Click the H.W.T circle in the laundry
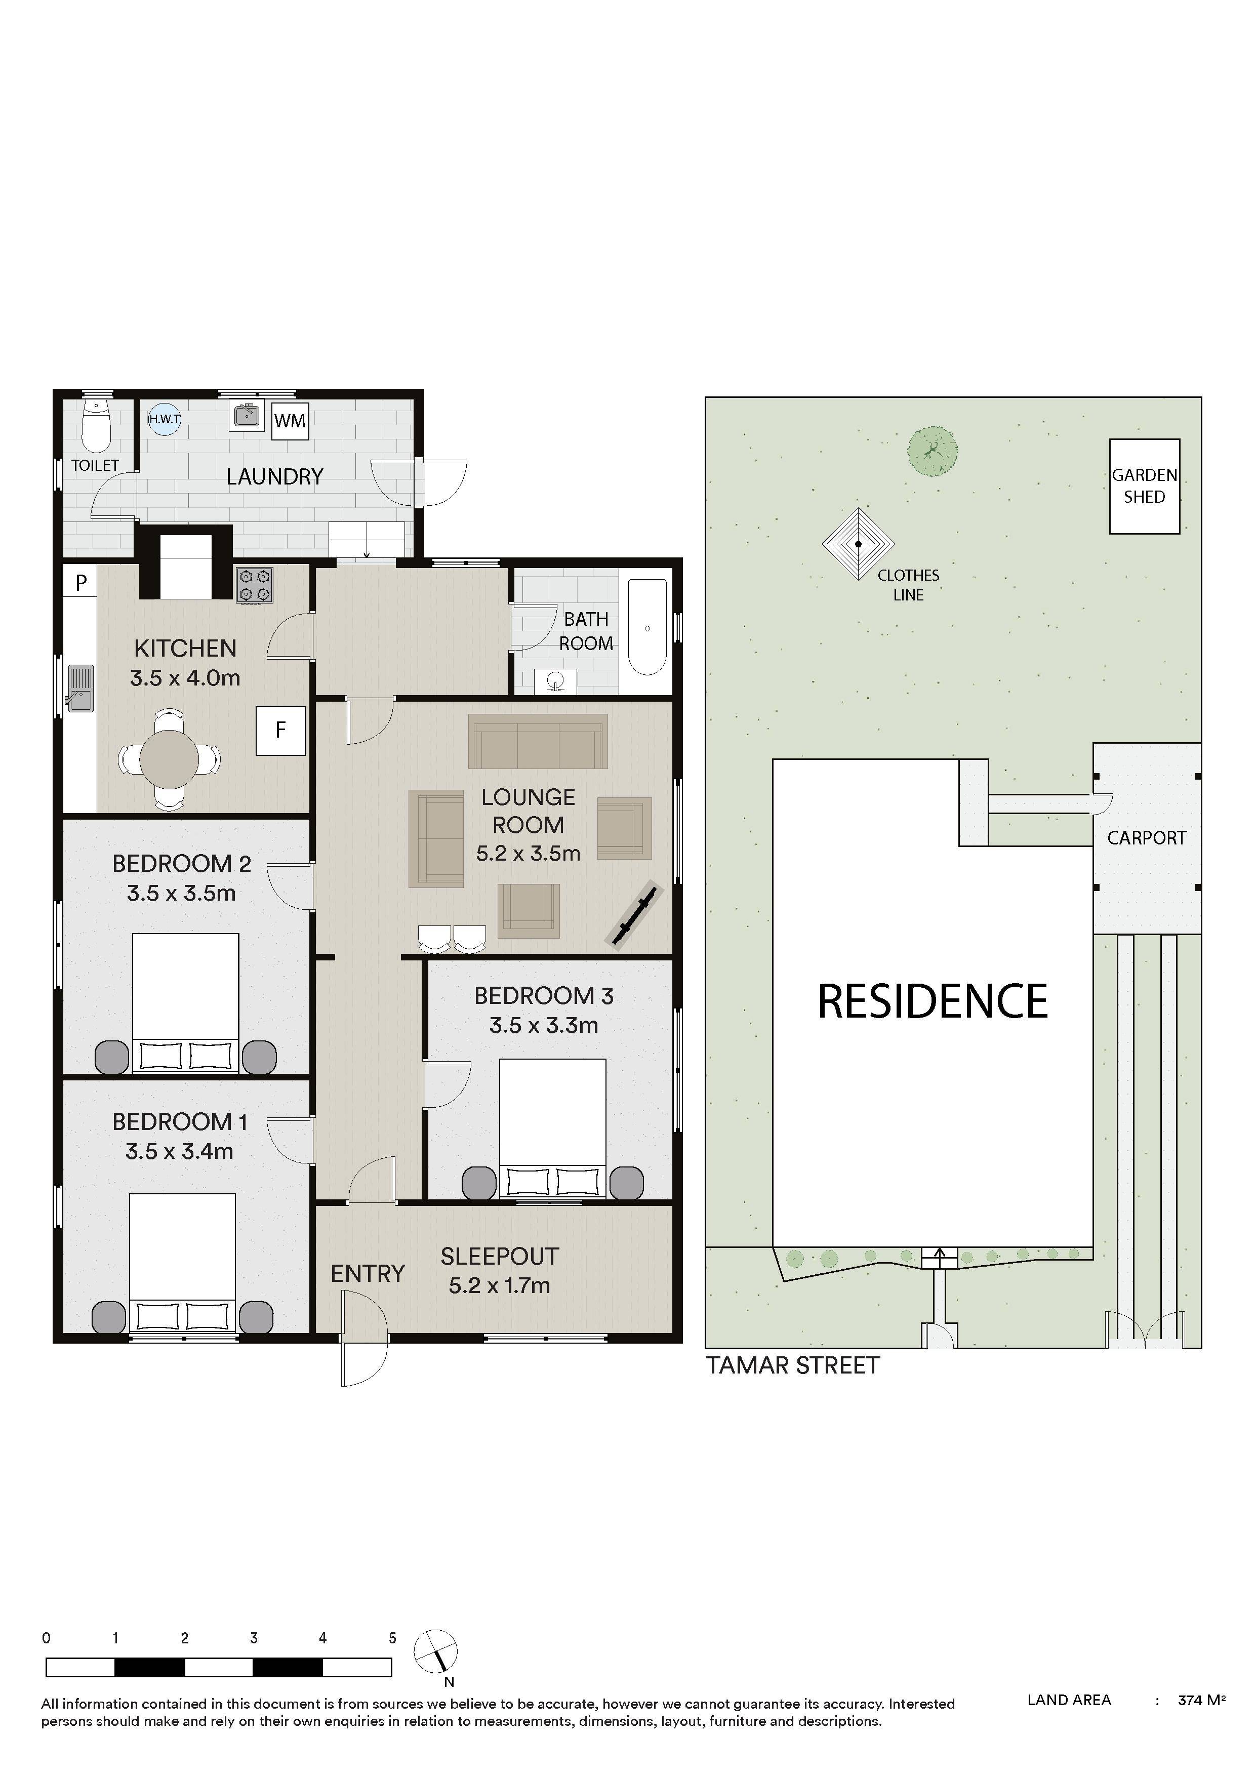coord(165,419)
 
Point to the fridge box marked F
coord(280,730)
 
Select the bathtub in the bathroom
coord(647,627)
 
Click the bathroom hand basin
coord(555,681)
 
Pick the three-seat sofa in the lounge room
coord(538,741)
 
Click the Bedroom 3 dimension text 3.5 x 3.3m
coord(544,1026)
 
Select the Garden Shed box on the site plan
coord(1145,487)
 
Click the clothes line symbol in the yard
coord(858,544)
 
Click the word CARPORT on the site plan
coord(1147,838)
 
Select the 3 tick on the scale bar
coord(254,1638)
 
